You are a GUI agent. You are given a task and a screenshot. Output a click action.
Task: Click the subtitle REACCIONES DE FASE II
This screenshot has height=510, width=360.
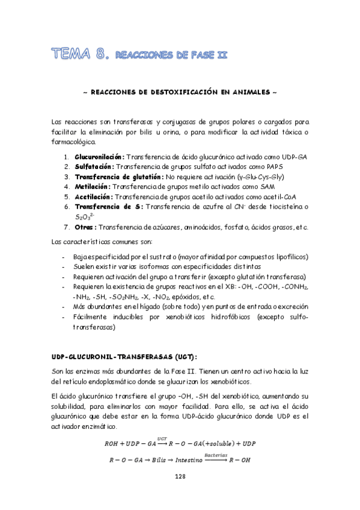[x=171, y=56]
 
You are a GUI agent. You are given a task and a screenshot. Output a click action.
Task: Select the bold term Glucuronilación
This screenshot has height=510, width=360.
[x=100, y=156]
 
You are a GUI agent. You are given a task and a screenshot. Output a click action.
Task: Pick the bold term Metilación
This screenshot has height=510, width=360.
[x=93, y=186]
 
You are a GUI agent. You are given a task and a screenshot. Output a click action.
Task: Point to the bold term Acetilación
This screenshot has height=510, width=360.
[x=94, y=197]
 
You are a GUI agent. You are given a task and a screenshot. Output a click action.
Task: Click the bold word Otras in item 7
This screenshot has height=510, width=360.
[x=85, y=227]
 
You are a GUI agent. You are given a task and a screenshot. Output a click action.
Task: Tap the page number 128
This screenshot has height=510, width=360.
[x=180, y=476]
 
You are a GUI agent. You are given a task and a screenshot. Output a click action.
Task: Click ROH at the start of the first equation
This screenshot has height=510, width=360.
[x=112, y=444]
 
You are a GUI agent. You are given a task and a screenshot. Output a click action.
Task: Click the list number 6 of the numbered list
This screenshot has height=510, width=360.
[x=66, y=207]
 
